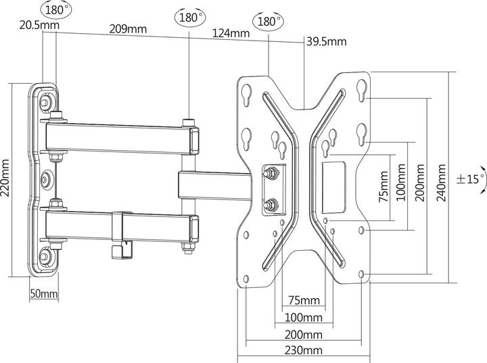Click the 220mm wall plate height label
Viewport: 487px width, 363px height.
click(6, 178)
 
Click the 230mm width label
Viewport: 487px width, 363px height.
click(303, 350)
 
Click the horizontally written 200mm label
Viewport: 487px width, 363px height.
click(303, 335)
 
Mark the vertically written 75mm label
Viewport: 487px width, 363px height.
click(383, 186)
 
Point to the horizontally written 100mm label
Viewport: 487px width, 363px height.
click(303, 317)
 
